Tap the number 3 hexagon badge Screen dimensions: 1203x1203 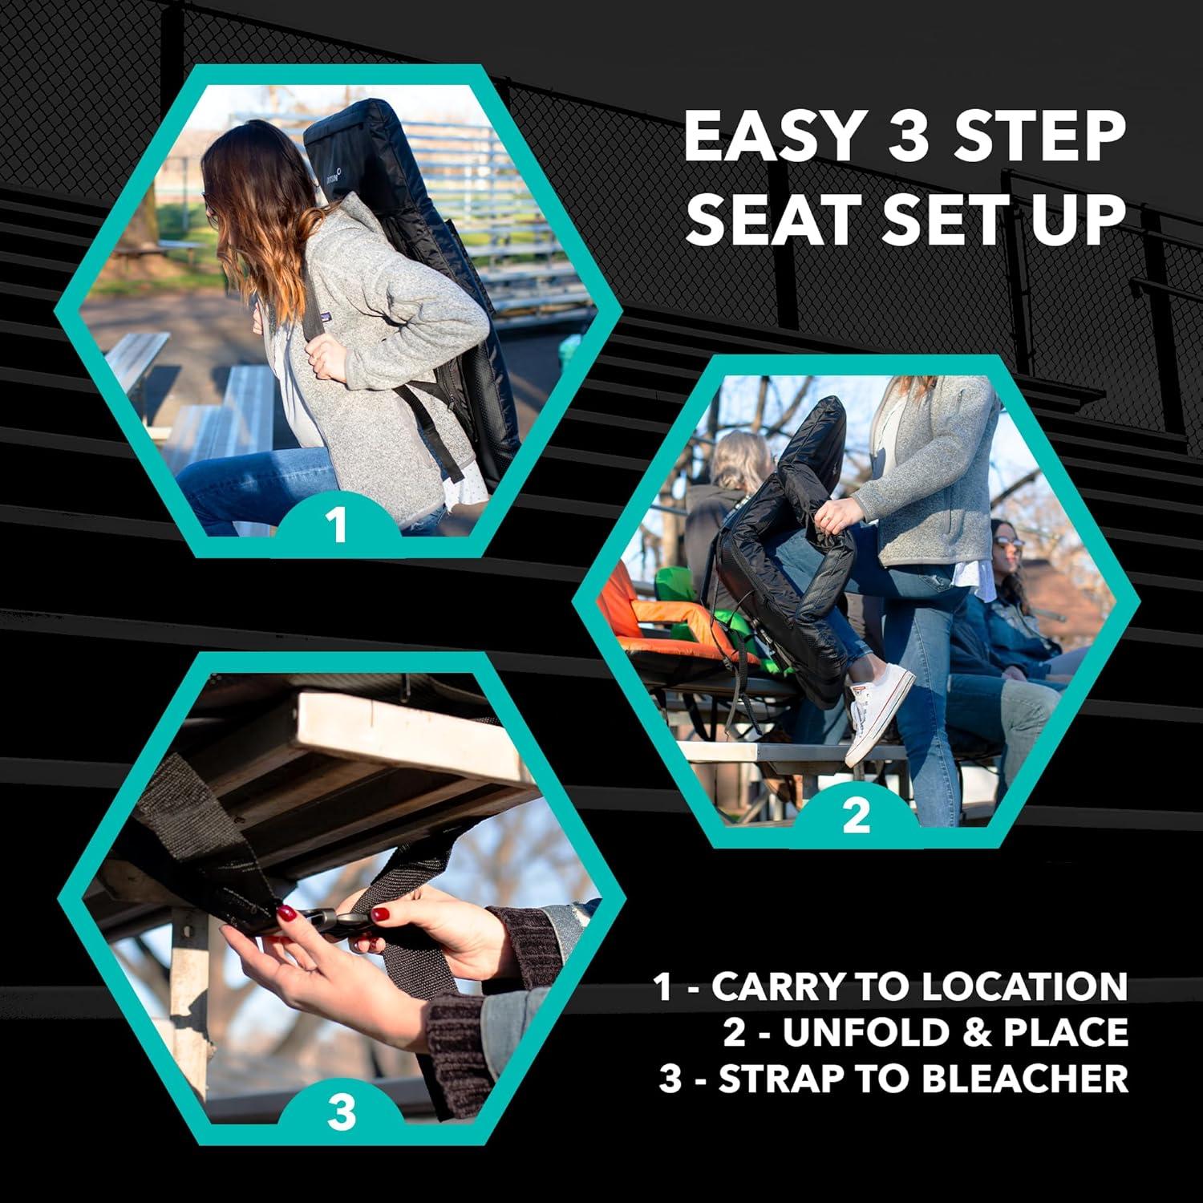(x=341, y=1112)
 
